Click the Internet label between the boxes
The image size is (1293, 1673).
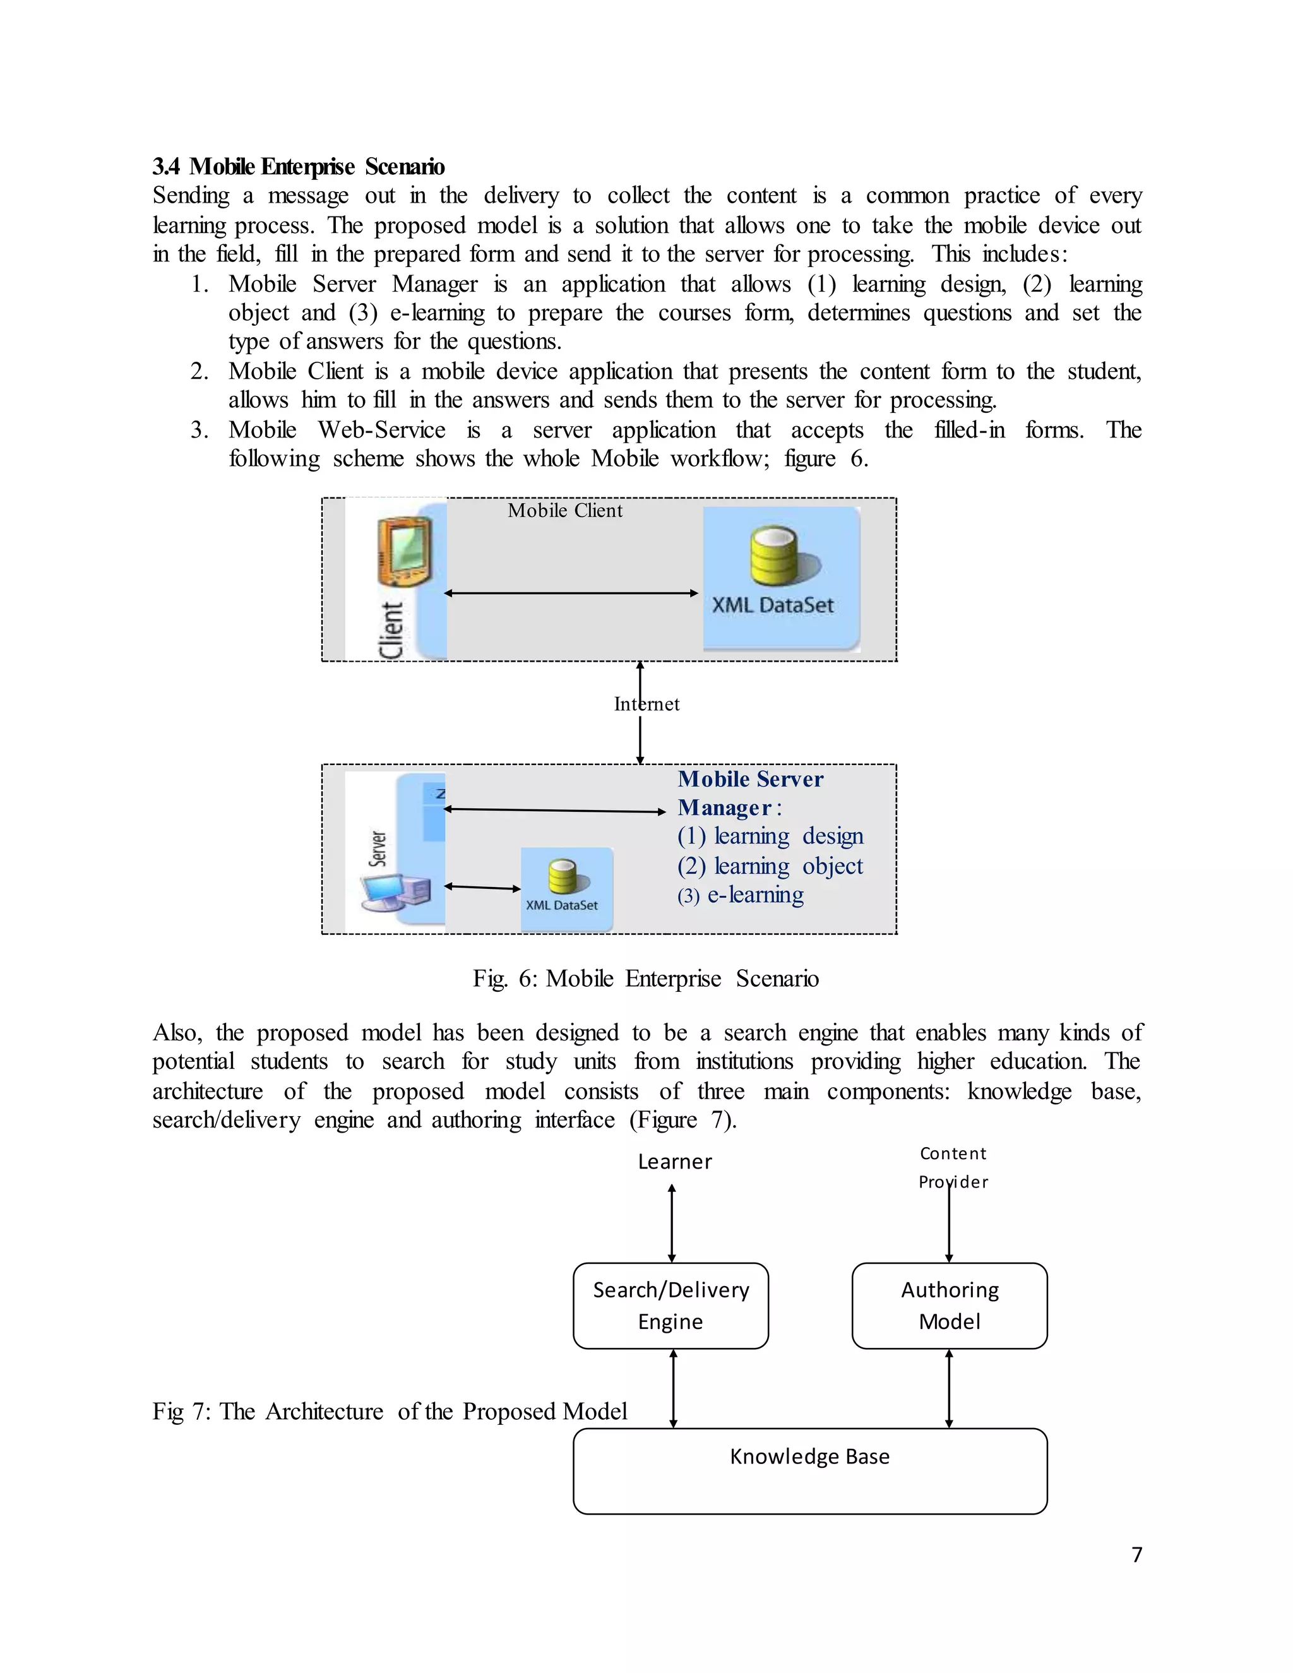646,704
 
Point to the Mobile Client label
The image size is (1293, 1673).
564,511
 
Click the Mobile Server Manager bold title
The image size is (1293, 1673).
750,793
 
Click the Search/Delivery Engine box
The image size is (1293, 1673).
670,1306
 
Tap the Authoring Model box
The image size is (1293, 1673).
949,1306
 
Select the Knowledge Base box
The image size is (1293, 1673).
809,1471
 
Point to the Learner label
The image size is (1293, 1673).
675,1162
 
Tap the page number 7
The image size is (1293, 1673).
1136,1554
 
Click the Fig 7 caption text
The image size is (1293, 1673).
389,1411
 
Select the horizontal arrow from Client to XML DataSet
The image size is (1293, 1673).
571,593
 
